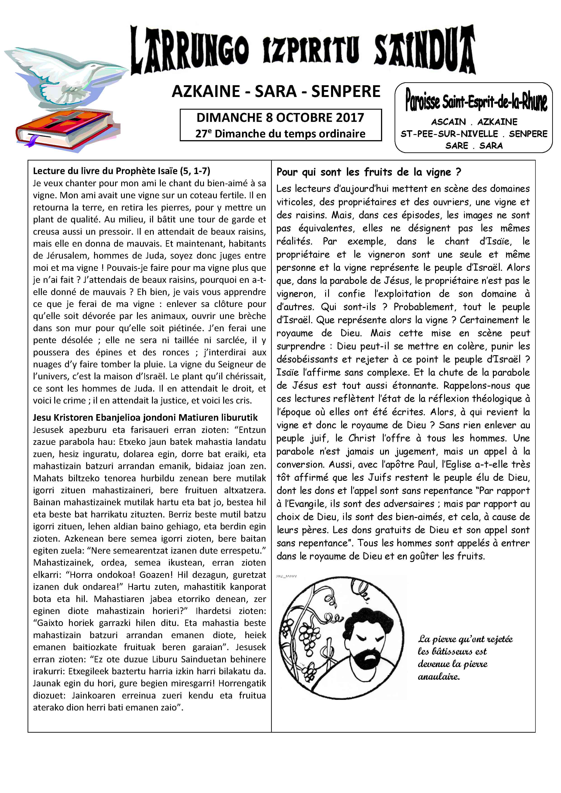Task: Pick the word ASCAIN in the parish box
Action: coord(448,122)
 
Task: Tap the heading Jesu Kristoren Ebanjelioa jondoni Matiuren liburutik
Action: coord(145,418)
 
